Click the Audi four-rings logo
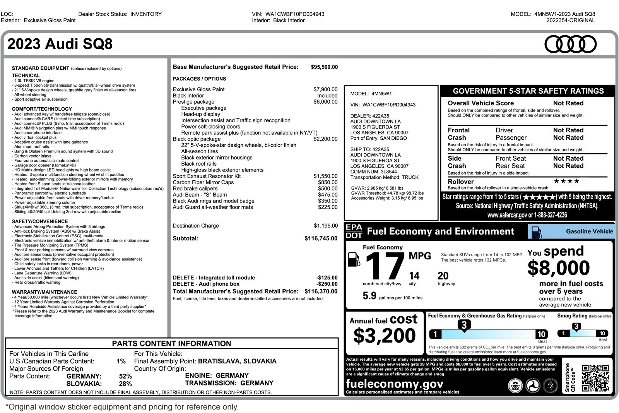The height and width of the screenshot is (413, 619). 570,44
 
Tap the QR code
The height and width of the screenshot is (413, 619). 595,378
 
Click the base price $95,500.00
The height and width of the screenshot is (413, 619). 324,67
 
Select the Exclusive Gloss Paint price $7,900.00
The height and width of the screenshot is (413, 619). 325,89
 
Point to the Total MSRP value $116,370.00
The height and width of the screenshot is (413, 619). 321,291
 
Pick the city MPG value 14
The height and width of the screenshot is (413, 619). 414,276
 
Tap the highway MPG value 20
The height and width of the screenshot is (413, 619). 443,276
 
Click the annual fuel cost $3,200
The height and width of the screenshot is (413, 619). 384,335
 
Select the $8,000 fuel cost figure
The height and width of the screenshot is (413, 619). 558,268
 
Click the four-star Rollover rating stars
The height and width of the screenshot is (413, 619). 566,181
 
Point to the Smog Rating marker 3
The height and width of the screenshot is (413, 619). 576,327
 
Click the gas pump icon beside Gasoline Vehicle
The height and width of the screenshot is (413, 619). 537,232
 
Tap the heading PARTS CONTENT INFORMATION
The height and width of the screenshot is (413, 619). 171,344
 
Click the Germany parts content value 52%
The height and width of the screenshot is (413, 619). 125,376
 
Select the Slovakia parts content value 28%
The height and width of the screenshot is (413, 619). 125,384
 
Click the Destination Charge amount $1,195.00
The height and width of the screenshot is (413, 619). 325,226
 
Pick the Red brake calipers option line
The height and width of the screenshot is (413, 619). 195,189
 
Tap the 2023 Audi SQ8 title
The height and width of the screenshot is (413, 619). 60,44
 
